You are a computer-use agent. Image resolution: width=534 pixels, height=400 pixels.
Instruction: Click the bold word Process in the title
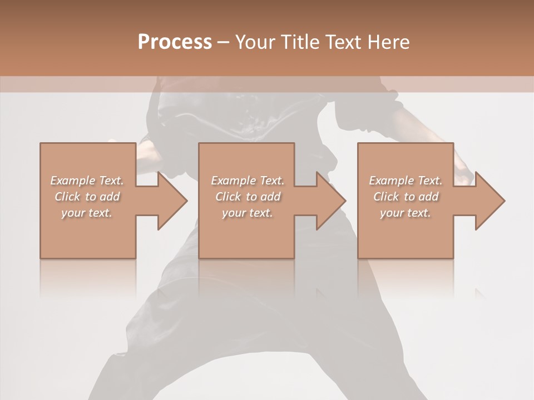(x=175, y=42)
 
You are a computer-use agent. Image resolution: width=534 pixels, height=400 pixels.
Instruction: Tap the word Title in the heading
(x=299, y=42)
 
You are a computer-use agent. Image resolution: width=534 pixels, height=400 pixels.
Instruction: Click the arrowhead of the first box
(x=173, y=201)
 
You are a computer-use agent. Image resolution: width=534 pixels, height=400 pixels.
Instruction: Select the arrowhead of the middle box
(x=332, y=201)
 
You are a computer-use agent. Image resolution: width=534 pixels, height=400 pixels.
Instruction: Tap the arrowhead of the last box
(x=490, y=201)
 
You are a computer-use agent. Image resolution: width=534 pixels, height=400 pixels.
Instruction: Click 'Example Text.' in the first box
(x=87, y=181)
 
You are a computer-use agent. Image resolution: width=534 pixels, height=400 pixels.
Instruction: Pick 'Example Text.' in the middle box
(x=248, y=181)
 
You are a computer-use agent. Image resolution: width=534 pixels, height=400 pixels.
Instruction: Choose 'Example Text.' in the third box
(x=406, y=181)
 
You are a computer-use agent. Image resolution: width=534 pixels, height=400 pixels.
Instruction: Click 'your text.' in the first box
(x=87, y=213)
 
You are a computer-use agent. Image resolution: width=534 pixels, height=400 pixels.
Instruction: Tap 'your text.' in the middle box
(x=247, y=213)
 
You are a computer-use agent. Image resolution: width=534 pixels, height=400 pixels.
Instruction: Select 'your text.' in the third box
(x=405, y=213)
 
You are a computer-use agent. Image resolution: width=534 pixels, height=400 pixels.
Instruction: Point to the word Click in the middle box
(x=228, y=197)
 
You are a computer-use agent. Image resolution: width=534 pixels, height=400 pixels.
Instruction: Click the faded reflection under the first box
(x=88, y=278)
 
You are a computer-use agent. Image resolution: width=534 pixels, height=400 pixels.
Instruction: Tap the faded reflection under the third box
(x=405, y=278)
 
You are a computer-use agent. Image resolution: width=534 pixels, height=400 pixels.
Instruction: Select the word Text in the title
(x=342, y=42)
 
